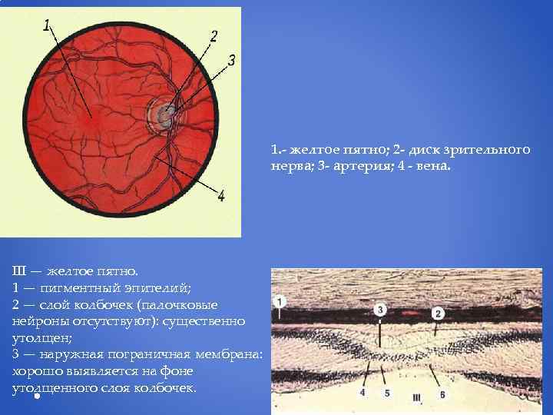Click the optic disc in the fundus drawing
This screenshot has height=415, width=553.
164,115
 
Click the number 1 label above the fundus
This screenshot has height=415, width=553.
47,25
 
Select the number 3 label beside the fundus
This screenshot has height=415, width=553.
231,59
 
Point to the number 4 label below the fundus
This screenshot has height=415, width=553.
221,196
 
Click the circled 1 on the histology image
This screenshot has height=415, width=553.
281,300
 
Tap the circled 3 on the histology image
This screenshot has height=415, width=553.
381,309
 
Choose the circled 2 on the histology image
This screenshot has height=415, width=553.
438,313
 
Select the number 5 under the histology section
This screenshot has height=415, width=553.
387,393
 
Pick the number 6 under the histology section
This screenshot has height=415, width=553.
442,393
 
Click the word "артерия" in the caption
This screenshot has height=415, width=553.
367,162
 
